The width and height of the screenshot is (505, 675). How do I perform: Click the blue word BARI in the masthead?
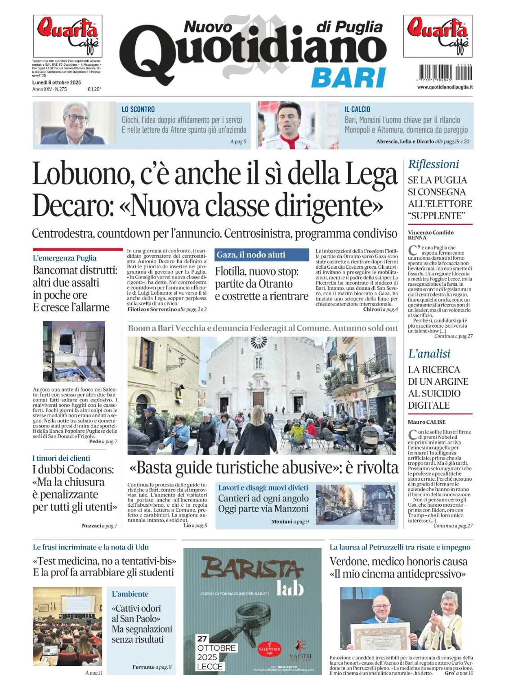pyautogui.click(x=349, y=78)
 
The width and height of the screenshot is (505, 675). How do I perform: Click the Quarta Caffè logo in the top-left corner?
pyautogui.click(x=67, y=36)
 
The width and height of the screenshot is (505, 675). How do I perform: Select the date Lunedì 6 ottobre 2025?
pyautogui.click(x=57, y=82)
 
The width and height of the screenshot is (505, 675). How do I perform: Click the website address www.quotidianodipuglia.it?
pyautogui.click(x=445, y=87)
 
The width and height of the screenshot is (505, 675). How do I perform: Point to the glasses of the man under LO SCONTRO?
pyautogui.click(x=77, y=118)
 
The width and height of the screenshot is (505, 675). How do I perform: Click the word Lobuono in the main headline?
pyautogui.click(x=83, y=174)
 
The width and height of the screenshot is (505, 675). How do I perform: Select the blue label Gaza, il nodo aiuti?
pyautogui.click(x=251, y=255)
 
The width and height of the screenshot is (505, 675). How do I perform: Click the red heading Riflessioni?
pyautogui.click(x=433, y=164)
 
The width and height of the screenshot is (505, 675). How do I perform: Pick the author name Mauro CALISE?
pyautogui.click(x=427, y=422)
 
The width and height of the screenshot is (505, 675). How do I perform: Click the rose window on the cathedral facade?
pyautogui.click(x=258, y=342)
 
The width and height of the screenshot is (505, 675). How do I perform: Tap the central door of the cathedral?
pyautogui.click(x=258, y=399)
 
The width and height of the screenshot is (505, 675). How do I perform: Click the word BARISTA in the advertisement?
pyautogui.click(x=252, y=568)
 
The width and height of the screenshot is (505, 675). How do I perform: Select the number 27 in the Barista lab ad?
pyautogui.click(x=202, y=639)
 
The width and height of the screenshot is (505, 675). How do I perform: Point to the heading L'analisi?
pyautogui.click(x=429, y=354)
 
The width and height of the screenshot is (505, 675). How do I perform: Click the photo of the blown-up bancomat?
pyautogui.click(x=74, y=351)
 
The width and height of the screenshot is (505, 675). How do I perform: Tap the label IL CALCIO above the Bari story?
pyautogui.click(x=357, y=109)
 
